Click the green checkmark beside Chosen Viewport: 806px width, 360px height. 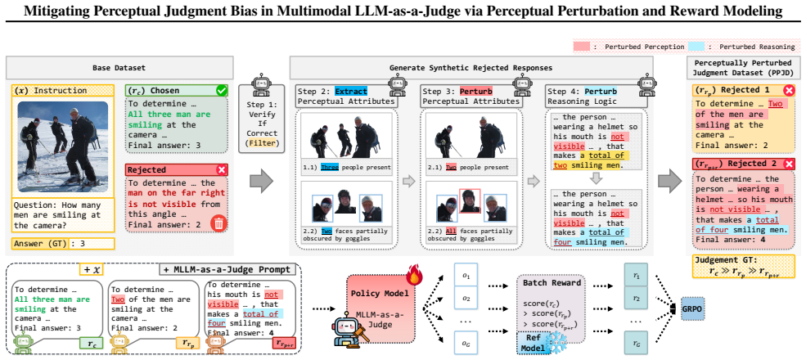223,91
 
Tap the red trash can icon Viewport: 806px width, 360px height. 218,223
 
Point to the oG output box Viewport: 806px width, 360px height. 466,341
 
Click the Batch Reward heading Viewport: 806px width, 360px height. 548,283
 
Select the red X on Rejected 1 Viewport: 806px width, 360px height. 788,91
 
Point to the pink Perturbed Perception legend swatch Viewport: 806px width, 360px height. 585,47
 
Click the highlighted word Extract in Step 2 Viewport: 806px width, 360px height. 352,91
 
